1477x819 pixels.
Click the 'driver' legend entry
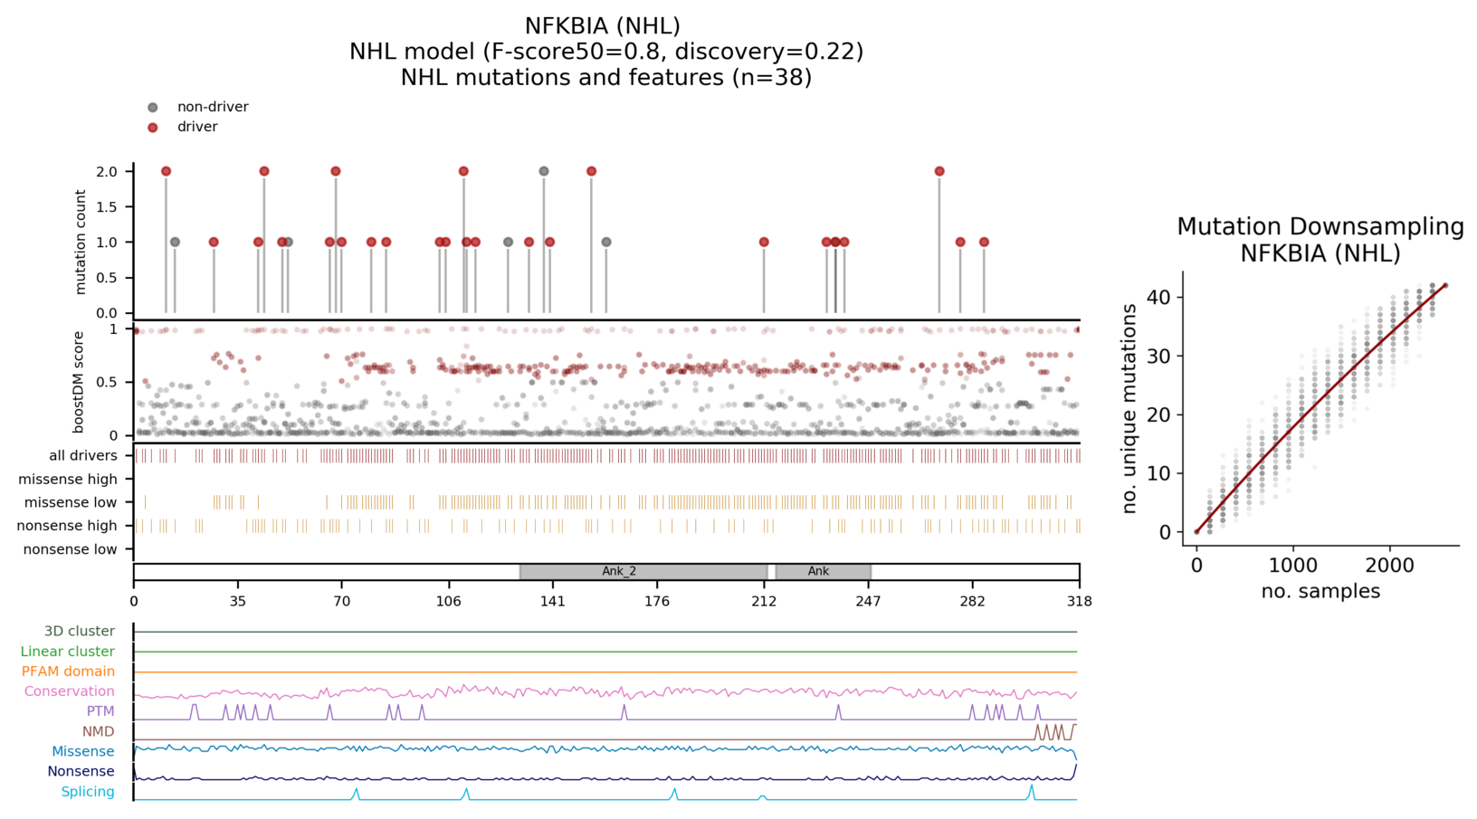pyautogui.click(x=196, y=127)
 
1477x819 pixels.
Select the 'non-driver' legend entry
pyautogui.click(x=212, y=107)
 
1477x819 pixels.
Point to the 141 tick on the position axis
pyautogui.click(x=553, y=601)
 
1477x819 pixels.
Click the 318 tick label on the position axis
pyautogui.click(x=1079, y=601)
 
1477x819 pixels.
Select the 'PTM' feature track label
pyautogui.click(x=100, y=711)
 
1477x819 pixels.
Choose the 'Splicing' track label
pyautogui.click(x=88, y=792)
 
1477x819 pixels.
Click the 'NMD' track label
pyautogui.click(x=98, y=731)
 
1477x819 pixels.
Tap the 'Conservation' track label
pyautogui.click(x=69, y=691)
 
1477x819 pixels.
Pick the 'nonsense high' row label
pyautogui.click(x=67, y=526)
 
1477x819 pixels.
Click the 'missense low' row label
pyautogui.click(x=71, y=502)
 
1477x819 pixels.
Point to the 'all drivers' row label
pyautogui.click(x=83, y=455)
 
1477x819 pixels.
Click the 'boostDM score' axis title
pyautogui.click(x=79, y=382)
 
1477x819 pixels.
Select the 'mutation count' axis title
pyautogui.click(x=81, y=242)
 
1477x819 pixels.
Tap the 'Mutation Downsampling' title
pyautogui.click(x=1320, y=226)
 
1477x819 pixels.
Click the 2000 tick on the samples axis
pyautogui.click(x=1389, y=566)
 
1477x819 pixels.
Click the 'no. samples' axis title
pyautogui.click(x=1320, y=591)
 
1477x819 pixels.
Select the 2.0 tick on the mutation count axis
pyautogui.click(x=107, y=172)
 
